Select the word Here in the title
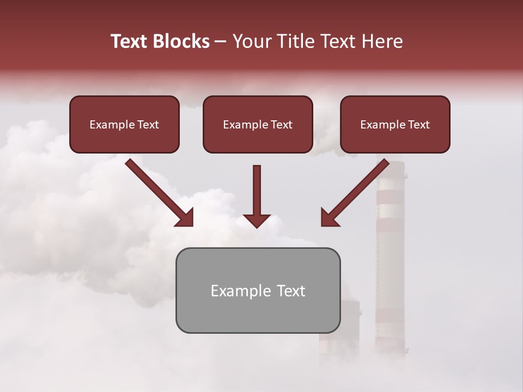(x=380, y=41)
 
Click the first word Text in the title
(x=131, y=41)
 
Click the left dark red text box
(x=124, y=125)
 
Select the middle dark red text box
(x=258, y=125)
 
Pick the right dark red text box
(x=395, y=125)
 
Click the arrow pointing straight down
(x=257, y=196)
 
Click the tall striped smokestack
(x=391, y=261)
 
